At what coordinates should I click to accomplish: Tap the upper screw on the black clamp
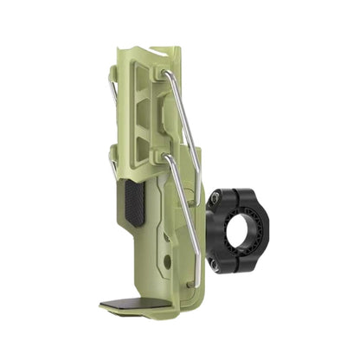[x=214, y=201]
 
